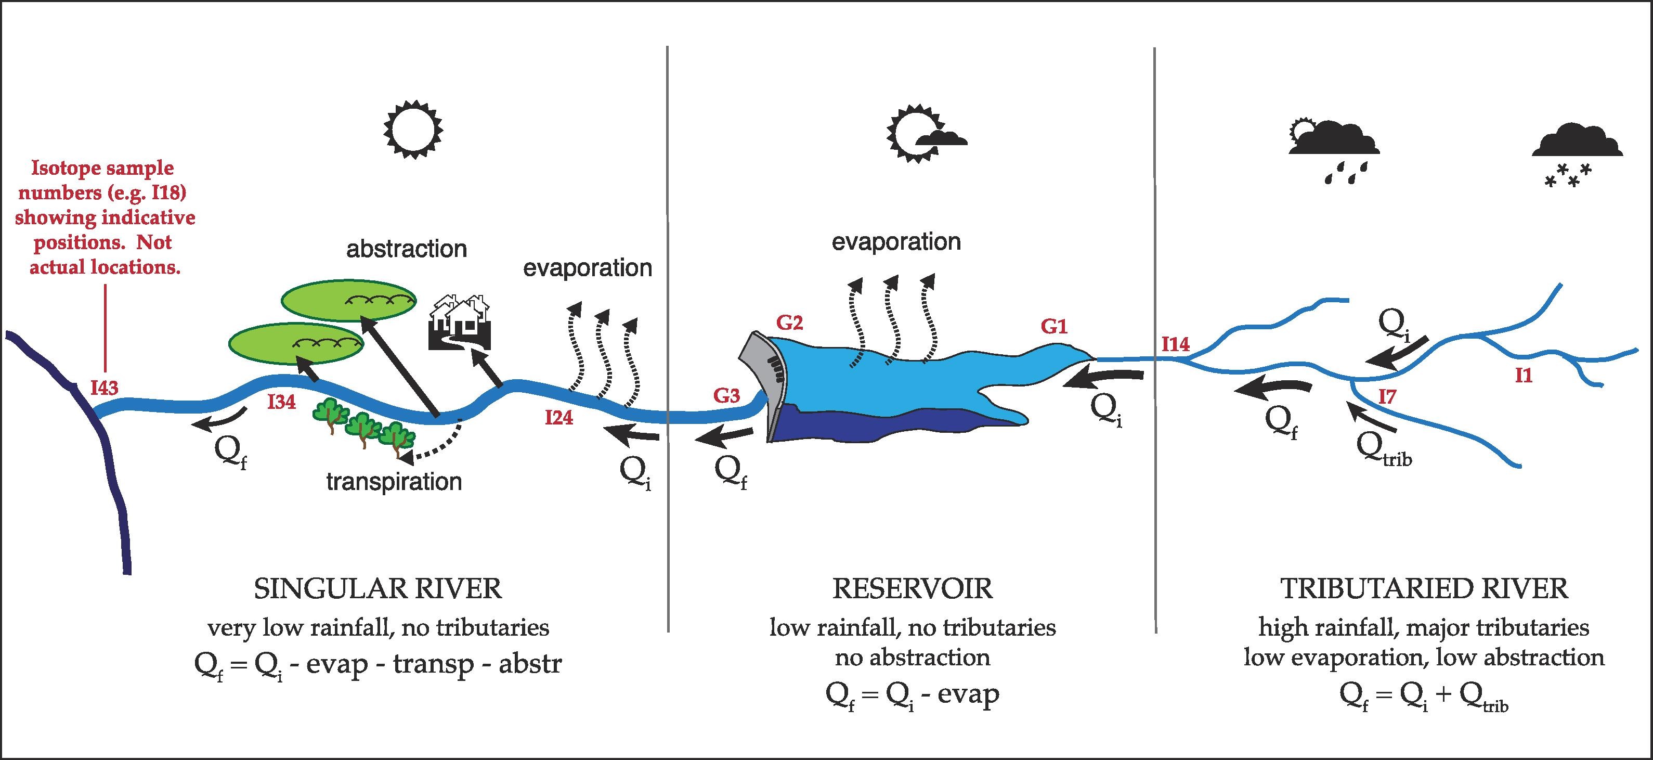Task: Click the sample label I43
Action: [104, 388]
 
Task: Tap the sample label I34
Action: [282, 403]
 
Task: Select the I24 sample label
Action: [559, 418]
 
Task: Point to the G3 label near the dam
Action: [726, 396]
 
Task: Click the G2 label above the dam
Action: [789, 323]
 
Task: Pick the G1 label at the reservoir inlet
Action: [1053, 327]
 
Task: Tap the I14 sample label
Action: [1176, 345]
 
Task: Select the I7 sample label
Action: [1387, 397]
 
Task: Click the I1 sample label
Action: [1524, 376]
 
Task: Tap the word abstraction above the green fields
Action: [406, 249]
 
